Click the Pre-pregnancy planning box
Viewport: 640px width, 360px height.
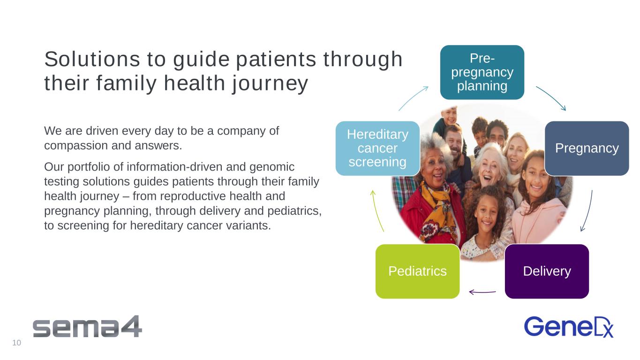click(482, 72)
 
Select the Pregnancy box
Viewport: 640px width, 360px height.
click(587, 148)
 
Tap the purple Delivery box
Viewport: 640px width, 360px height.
click(547, 271)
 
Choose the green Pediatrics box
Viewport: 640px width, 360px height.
click(417, 271)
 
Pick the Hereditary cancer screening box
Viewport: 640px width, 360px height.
click(377, 148)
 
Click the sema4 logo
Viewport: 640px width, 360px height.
click(87, 327)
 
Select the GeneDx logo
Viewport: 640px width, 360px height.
click(569, 327)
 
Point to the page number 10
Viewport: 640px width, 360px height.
click(16, 343)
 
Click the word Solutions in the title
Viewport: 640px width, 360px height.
click(92, 59)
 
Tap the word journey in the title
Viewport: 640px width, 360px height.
click(270, 83)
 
